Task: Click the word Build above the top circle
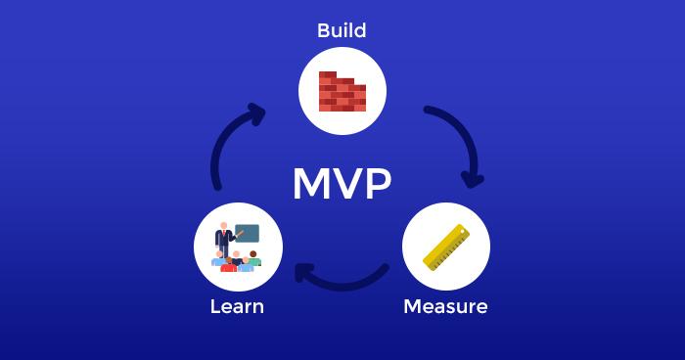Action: tap(342, 30)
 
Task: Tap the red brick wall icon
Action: tap(342, 91)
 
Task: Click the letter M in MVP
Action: tap(311, 184)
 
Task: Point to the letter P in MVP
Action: tap(377, 184)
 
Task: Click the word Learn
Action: tap(237, 307)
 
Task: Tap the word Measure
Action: tap(445, 307)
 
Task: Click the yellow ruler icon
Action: tap(446, 247)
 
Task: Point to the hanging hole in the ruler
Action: tap(462, 231)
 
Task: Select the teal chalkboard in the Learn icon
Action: tap(247, 233)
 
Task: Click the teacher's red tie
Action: tap(224, 234)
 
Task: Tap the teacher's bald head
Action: tap(224, 225)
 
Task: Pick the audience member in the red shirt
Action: tap(228, 265)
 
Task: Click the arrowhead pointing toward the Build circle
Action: tap(256, 113)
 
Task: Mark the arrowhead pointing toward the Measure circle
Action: tap(473, 179)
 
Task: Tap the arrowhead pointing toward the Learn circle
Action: tap(304, 273)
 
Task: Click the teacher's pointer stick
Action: tap(240, 234)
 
